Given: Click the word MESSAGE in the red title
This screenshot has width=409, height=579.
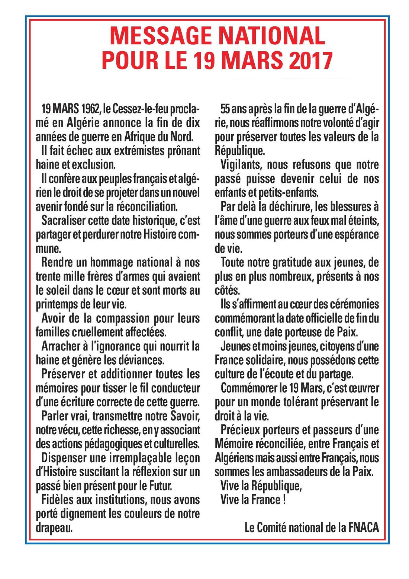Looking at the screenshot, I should pos(161,36).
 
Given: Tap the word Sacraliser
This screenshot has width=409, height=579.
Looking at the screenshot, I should pos(63,220).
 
